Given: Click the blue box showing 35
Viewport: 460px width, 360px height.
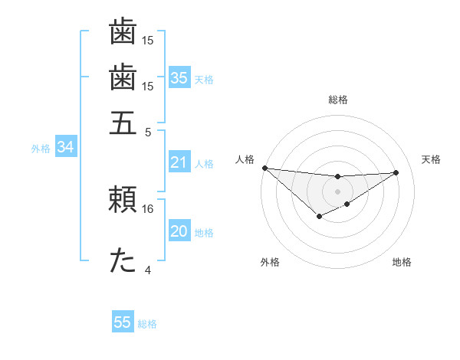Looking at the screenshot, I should coord(179,78).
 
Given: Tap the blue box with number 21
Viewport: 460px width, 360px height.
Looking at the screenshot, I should coord(179,162).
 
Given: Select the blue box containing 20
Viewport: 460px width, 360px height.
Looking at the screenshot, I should coord(179,232).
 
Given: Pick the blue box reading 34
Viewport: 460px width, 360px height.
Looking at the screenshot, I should coord(64,148).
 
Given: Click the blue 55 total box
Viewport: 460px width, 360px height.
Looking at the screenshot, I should coord(123,322).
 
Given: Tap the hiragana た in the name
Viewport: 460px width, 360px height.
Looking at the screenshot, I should coord(123,261).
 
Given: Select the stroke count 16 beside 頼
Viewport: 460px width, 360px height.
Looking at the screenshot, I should coord(148,208).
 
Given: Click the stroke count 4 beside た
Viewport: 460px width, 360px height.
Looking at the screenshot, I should coord(148,270).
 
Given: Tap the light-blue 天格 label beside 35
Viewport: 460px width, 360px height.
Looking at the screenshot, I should coord(203,80).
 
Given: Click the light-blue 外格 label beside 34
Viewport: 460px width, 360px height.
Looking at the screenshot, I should coord(41,149).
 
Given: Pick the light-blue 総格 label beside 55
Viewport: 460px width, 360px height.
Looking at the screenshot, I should coord(147,324).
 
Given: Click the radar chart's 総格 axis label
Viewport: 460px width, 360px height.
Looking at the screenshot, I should coord(337,100).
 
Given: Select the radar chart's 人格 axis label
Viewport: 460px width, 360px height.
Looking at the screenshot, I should coord(245,159).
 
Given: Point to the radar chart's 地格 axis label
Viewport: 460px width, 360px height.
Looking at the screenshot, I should coord(402,262).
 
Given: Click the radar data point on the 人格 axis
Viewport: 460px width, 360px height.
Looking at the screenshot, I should coord(264,168).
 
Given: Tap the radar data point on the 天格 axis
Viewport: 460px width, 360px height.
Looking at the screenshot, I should coord(396,172).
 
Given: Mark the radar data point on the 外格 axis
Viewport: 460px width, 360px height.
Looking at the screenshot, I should coord(319,218).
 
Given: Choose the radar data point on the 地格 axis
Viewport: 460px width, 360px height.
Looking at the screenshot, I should coord(347,204).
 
